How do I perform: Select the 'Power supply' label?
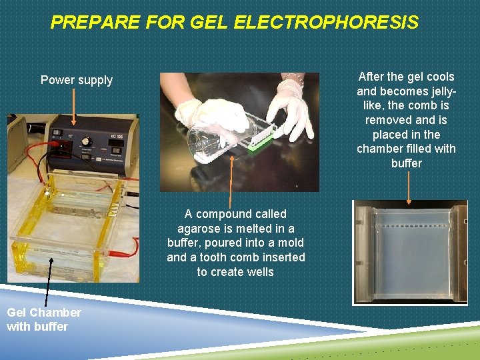tap(77, 80)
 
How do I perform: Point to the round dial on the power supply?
tap(85, 141)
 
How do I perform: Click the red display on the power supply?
tap(65, 141)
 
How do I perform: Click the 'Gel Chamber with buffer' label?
tap(44, 319)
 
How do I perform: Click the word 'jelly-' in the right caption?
tap(437, 91)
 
